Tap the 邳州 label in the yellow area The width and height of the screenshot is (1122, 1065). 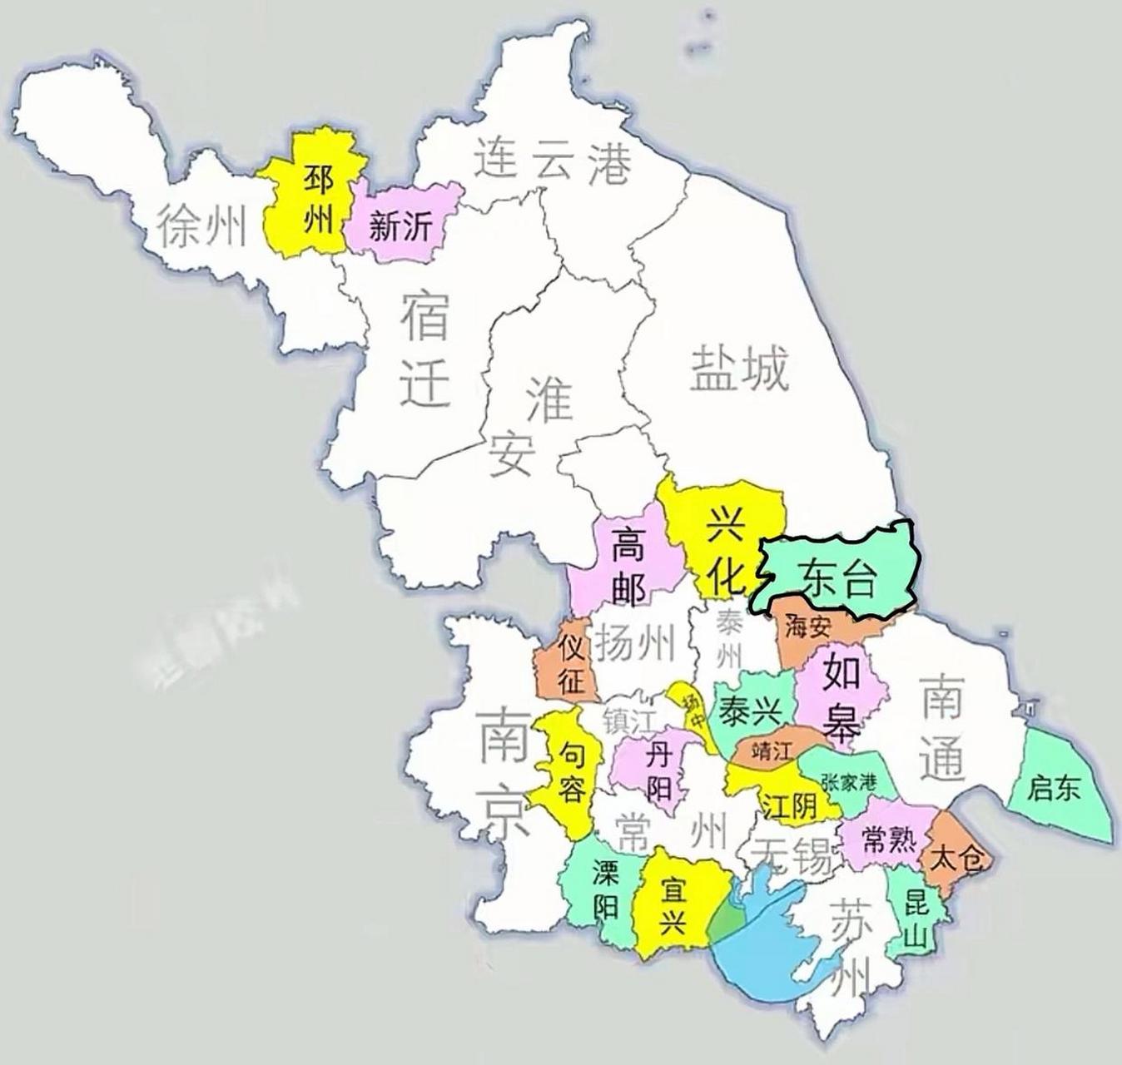tap(319, 201)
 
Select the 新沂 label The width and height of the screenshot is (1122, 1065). tap(401, 225)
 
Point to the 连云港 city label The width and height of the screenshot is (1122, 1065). tap(553, 161)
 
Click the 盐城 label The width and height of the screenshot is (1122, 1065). tap(737, 369)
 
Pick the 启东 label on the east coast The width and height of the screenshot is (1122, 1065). tap(1054, 787)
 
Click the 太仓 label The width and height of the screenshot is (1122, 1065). tap(957, 858)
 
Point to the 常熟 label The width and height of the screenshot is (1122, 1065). tap(889, 842)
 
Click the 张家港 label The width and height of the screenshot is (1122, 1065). tap(848, 783)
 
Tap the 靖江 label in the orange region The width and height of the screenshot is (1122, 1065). tap(769, 751)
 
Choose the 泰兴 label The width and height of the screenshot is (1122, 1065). tap(751, 711)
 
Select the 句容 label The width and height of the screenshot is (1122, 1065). tap(570, 772)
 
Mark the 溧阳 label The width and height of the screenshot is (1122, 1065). tap(605, 889)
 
